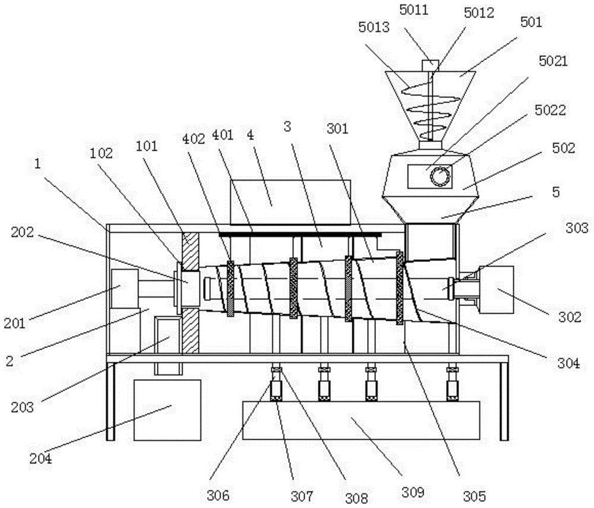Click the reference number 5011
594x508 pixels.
click(413, 10)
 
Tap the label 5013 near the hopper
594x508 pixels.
click(374, 27)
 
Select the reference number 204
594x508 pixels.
click(41, 459)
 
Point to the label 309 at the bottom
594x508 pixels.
click(413, 492)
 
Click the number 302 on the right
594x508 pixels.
click(570, 317)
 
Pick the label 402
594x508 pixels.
click(194, 139)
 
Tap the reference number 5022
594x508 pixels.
click(550, 111)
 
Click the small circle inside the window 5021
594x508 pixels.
click(440, 176)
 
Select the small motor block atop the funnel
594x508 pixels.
click(430, 65)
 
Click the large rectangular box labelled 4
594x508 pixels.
click(290, 202)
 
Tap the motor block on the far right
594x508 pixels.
click(496, 290)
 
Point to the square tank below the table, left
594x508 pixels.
click(168, 410)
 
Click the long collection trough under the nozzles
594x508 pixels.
click(361, 420)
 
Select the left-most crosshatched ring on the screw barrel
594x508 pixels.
click(230, 289)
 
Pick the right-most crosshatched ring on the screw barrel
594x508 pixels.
click(399, 288)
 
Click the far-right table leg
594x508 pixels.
click(504, 402)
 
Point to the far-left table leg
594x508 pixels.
click(110, 402)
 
